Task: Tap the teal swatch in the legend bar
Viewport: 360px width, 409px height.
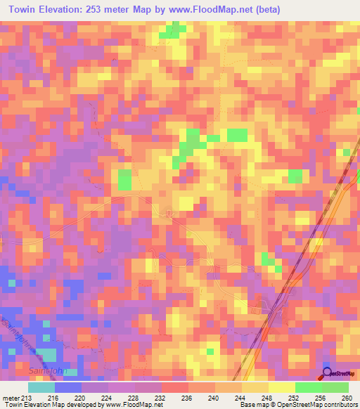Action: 41,387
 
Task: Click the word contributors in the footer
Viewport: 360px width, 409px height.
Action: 337,405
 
